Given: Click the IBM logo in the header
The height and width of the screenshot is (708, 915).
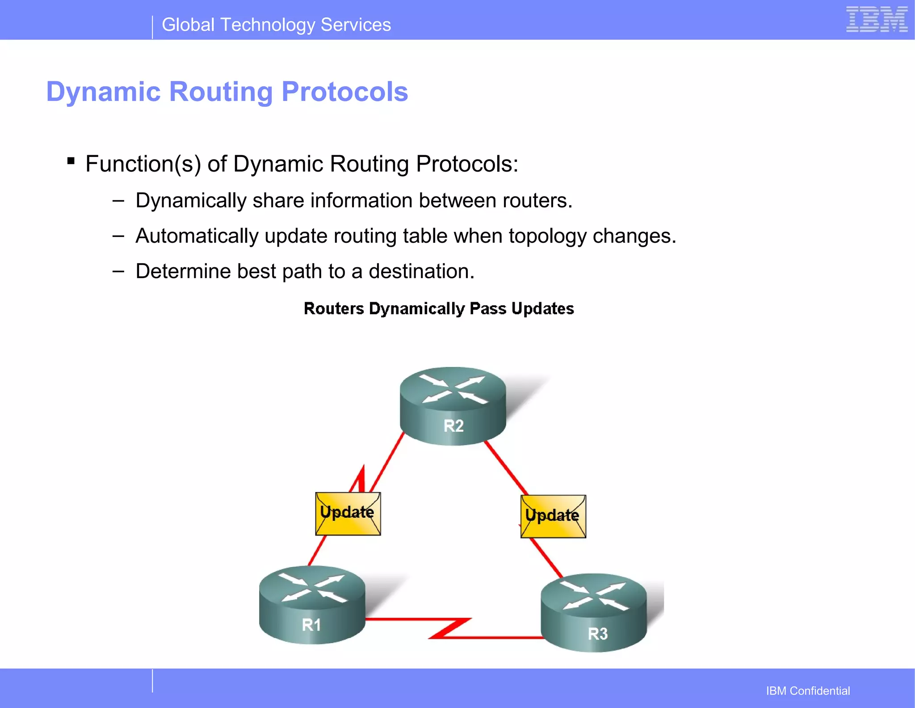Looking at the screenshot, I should click(x=877, y=20).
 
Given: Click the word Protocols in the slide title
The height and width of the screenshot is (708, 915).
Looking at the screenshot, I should click(x=344, y=92).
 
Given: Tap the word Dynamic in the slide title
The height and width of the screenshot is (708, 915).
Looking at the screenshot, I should click(x=103, y=92).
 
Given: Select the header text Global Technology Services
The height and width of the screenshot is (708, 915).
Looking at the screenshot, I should click(x=276, y=25).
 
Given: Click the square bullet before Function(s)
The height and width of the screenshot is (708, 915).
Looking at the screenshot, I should click(x=71, y=160).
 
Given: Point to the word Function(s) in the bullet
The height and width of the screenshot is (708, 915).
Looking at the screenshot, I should click(x=143, y=164).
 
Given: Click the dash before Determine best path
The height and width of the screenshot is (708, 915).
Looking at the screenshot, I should click(x=118, y=271).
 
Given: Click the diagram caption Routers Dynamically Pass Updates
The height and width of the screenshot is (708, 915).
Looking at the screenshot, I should click(x=439, y=309).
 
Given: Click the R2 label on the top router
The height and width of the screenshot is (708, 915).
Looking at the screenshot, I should click(x=453, y=426).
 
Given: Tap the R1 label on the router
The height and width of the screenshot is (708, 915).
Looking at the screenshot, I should click(x=311, y=625).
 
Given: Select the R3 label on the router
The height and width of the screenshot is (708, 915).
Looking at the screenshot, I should click(x=597, y=634).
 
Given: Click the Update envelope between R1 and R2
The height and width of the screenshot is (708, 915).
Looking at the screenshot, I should click(x=348, y=514).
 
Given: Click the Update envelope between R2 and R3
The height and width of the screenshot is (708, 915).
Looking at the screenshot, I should click(x=553, y=516).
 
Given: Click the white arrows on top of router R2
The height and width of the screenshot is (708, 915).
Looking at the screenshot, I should click(x=453, y=388).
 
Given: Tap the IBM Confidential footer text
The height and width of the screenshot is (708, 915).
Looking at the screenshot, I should click(x=808, y=691).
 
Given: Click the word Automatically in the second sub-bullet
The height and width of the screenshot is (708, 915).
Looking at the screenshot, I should click(x=197, y=236).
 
